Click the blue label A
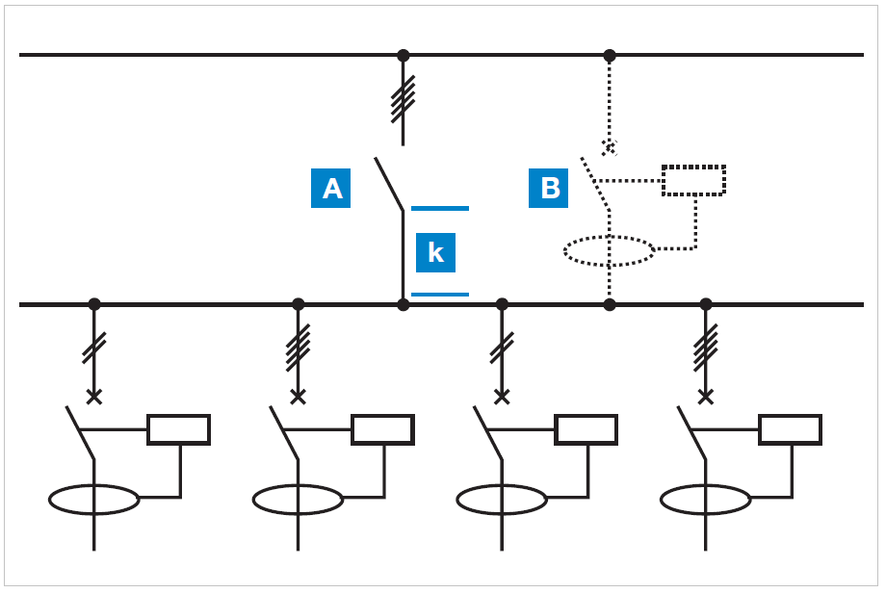[330, 188]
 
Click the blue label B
[550, 188]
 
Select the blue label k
[435, 252]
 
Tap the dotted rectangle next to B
[693, 180]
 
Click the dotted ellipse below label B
[609, 251]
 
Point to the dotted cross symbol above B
[609, 147]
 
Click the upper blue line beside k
[440, 208]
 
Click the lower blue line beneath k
[440, 295]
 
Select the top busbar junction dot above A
[404, 55]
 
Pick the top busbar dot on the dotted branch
[609, 55]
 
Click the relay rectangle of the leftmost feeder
[178, 429]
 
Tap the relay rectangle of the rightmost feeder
[790, 429]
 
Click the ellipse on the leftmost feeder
[93, 500]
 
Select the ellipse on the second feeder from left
[298, 500]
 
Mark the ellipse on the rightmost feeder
[705, 500]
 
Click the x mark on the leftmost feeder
[93, 396]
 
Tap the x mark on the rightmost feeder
[705, 396]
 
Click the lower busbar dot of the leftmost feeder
[93, 304]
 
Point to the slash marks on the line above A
[404, 99]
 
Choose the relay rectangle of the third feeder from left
[586, 429]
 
